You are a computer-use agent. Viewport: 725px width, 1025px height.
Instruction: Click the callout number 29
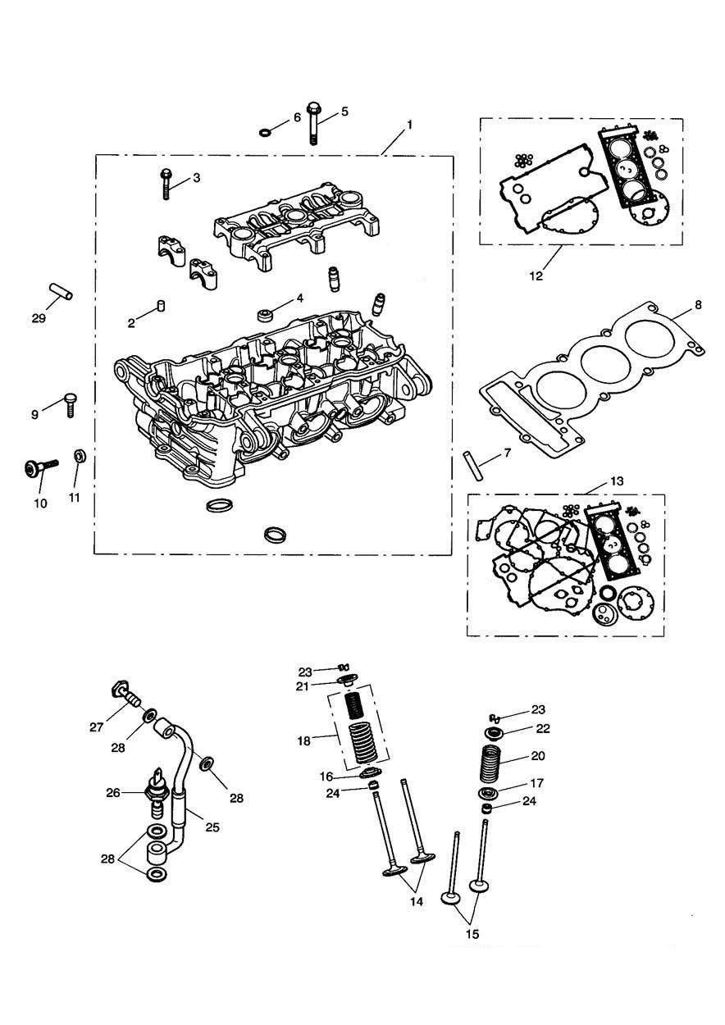tap(39, 318)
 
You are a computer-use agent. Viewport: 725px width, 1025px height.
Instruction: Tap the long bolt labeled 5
tap(313, 123)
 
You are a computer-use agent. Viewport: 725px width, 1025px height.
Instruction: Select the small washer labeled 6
tap(264, 133)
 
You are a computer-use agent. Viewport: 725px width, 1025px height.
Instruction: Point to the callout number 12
tap(536, 276)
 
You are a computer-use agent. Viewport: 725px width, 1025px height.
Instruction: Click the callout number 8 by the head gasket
tap(698, 305)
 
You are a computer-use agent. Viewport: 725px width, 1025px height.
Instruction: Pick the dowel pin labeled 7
tap(472, 467)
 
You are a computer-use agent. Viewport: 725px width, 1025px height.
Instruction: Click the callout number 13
tap(617, 481)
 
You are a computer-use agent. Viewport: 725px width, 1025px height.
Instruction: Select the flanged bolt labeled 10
tap(41, 467)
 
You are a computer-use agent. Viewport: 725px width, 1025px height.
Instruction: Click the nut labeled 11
tap(78, 456)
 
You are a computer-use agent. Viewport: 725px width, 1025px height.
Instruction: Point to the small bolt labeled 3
tap(166, 184)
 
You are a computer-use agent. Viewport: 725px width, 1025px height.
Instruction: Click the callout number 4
tap(300, 298)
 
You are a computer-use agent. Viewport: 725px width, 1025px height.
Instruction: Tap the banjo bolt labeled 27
tap(125, 701)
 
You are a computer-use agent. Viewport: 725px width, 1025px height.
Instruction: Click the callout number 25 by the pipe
tap(212, 827)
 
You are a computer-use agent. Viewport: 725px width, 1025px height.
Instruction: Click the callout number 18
tap(303, 740)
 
